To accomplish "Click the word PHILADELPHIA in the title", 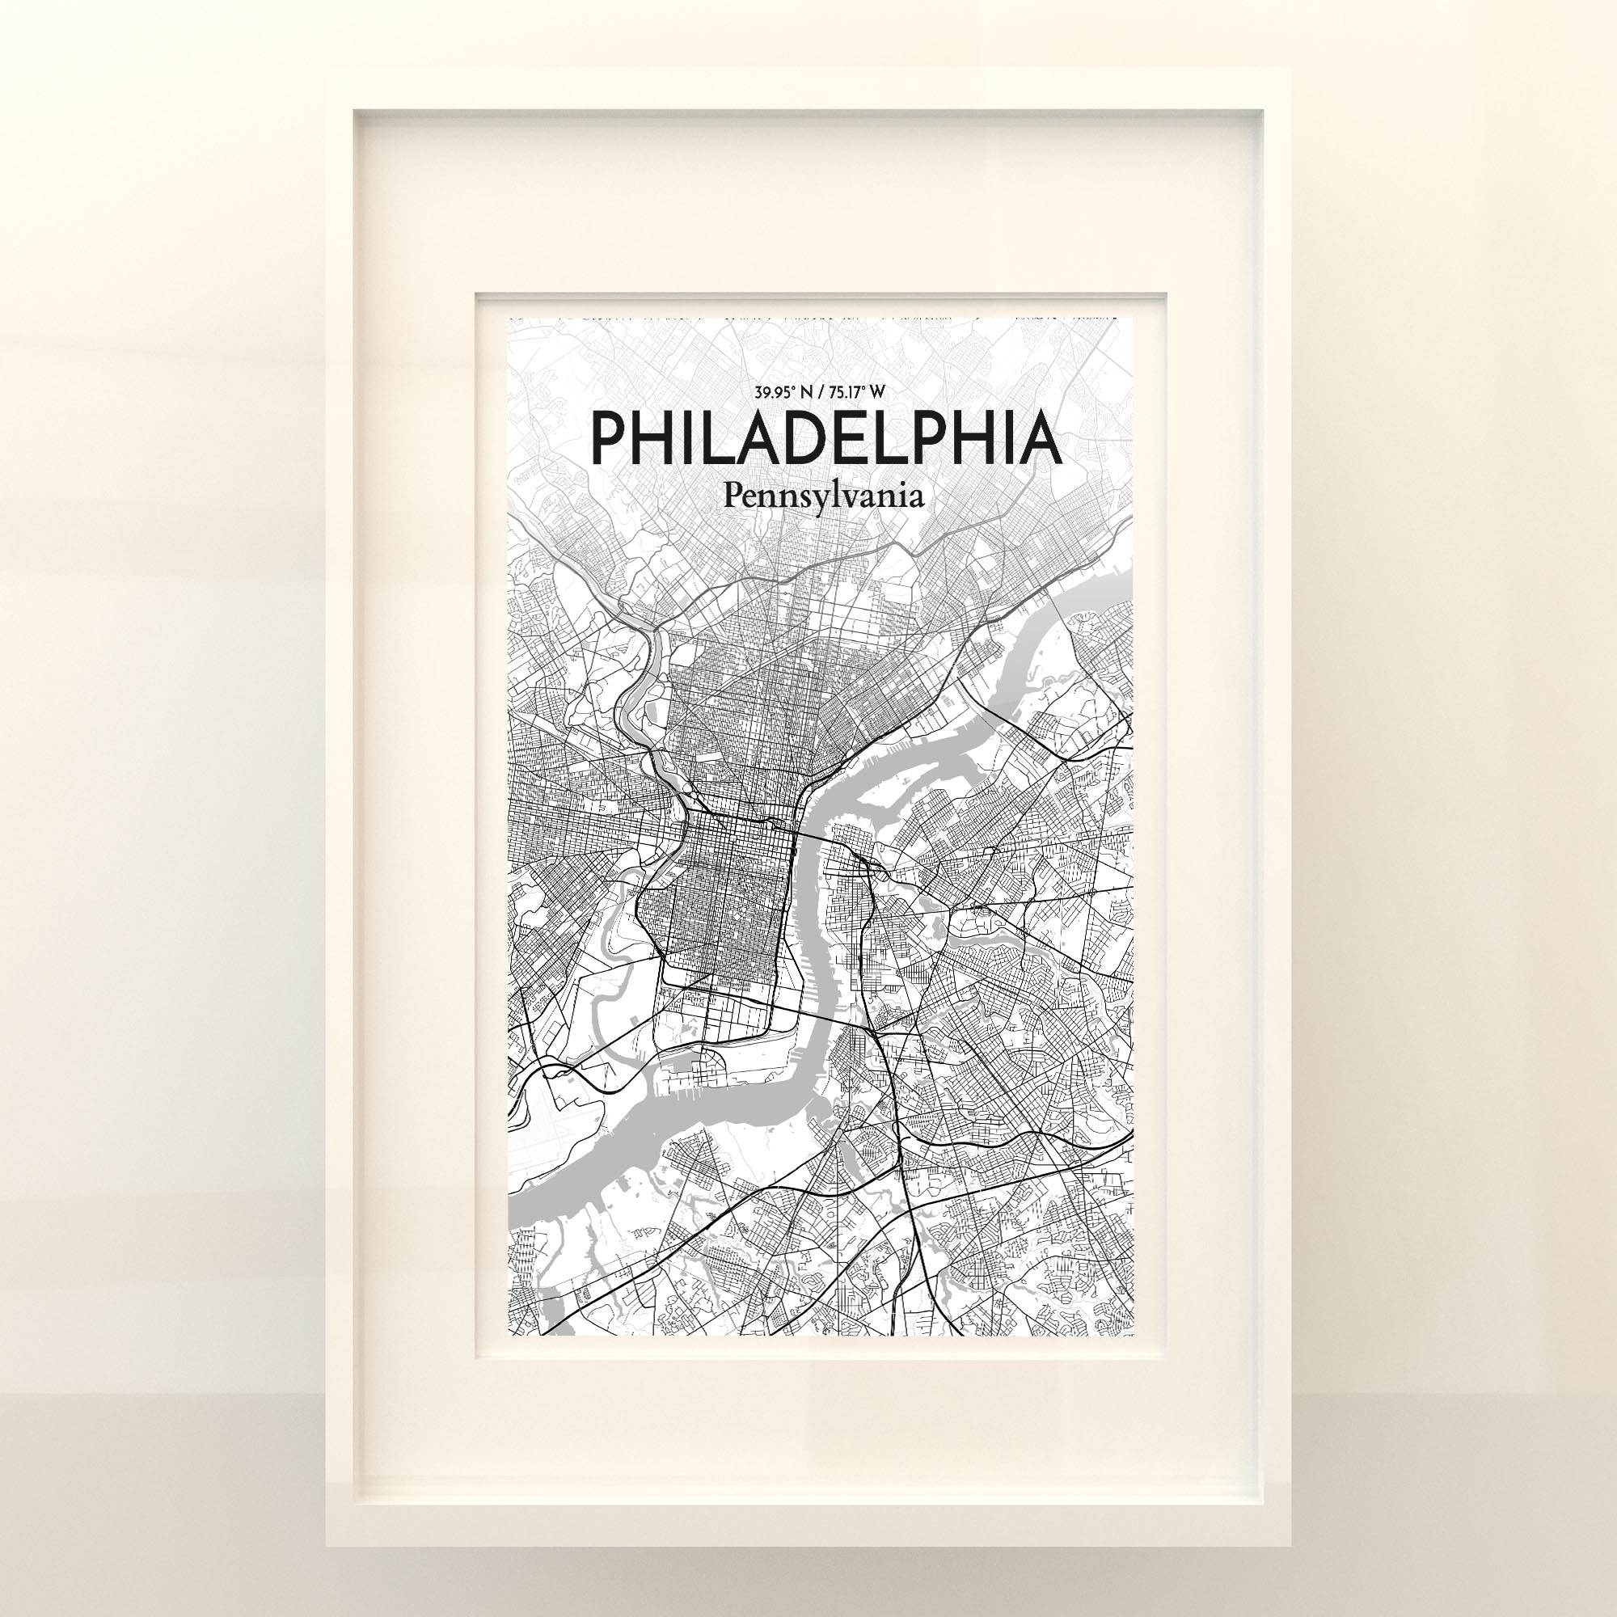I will (x=825, y=437).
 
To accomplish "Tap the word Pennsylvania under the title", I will (x=825, y=497).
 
